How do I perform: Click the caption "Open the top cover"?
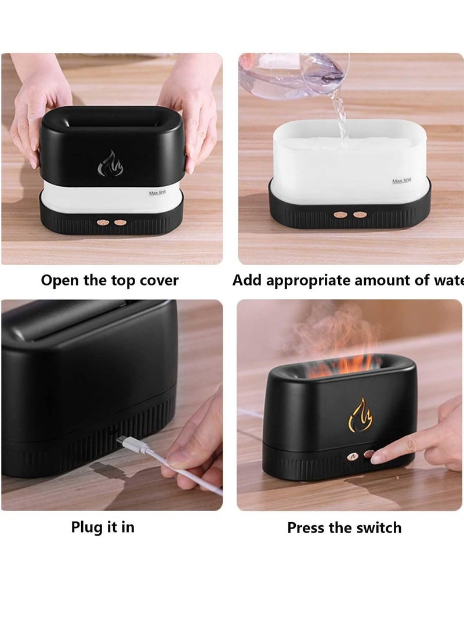110,281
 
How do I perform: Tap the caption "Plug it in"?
103,527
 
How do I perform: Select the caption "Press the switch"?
344,528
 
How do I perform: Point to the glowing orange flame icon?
360,415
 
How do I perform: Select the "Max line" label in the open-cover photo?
157,192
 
